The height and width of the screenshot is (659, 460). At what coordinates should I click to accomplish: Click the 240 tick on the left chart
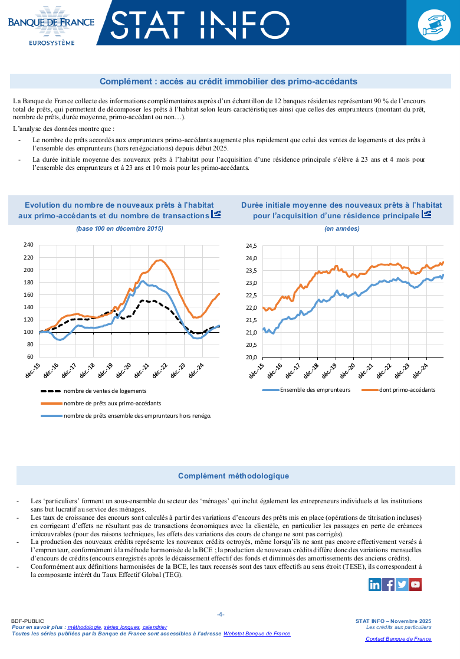coord(28,245)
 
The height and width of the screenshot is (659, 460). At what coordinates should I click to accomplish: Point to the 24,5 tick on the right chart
coord(251,246)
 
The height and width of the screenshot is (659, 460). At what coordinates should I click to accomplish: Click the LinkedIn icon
coord(374,584)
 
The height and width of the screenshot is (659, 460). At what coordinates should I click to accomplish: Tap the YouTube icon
coord(416,584)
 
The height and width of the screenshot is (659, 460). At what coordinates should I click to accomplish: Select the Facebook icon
coord(389,584)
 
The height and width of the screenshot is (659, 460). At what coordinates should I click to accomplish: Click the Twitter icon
coord(402,584)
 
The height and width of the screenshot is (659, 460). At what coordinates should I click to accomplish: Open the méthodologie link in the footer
coord(84,627)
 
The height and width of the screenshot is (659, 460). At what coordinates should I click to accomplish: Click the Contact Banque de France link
coord(398,639)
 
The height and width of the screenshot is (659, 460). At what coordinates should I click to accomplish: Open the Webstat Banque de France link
coord(257,633)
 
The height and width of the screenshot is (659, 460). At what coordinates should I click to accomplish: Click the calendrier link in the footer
coord(155,627)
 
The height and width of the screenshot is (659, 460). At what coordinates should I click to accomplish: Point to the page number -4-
coord(221,614)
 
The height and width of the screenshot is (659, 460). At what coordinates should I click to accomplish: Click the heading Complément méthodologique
coord(234,476)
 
